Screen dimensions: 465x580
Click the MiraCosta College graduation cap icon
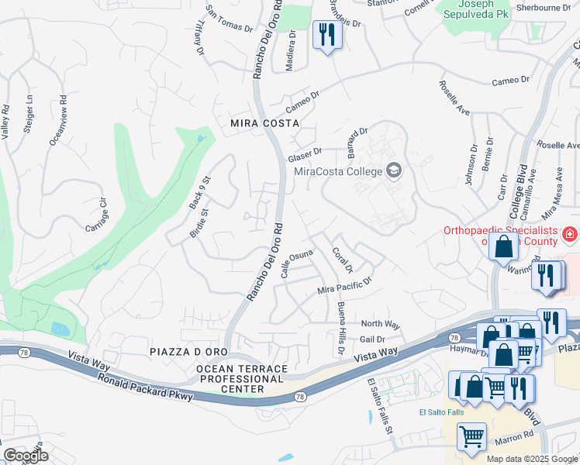394,170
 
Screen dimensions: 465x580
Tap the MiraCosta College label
338,171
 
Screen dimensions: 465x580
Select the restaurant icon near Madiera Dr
326,35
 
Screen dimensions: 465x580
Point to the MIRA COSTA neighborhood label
264,123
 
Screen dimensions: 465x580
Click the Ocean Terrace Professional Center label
241,379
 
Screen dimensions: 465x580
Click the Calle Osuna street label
296,263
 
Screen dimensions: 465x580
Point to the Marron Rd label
517,436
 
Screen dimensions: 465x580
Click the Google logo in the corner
25,456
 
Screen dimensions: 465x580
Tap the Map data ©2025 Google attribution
531,459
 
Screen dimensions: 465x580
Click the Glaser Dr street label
305,155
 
